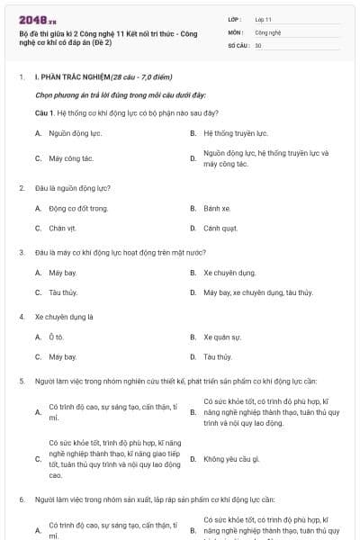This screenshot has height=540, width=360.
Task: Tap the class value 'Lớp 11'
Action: (263, 18)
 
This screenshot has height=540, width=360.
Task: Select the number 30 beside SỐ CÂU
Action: (258, 44)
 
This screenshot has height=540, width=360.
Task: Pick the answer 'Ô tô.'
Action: (57, 337)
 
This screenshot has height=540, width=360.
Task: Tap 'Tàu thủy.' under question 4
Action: (218, 356)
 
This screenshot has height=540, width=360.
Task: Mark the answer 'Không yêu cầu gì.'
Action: (231, 459)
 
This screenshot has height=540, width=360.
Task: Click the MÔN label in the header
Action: (236, 31)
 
